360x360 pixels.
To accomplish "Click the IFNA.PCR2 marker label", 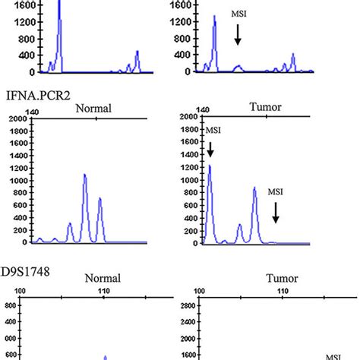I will pos(36,96).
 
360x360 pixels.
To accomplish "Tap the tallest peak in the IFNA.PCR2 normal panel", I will pos(85,176).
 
